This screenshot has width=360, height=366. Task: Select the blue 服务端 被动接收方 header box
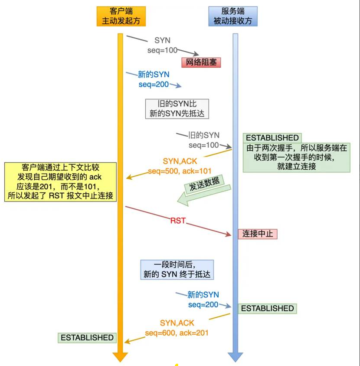[x=233, y=16]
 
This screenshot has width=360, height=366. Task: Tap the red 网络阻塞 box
[x=201, y=62]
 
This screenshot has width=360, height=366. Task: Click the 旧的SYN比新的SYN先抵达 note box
[x=177, y=109]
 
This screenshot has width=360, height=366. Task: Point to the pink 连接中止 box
[x=258, y=234]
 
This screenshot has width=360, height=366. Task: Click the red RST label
[x=178, y=221]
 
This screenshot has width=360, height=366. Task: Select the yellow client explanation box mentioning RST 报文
[x=60, y=181]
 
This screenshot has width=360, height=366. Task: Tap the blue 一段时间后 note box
[x=177, y=270]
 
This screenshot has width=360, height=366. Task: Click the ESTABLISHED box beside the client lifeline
[x=87, y=337]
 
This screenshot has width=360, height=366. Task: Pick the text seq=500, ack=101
[x=180, y=171]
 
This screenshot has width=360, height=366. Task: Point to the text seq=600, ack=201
[x=177, y=333]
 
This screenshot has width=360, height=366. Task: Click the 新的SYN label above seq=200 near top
[x=154, y=75]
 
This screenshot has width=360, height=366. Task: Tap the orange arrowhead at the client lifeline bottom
[x=120, y=357]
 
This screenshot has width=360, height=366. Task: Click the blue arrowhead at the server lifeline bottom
[x=235, y=357]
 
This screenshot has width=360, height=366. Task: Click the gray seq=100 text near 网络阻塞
[x=162, y=50]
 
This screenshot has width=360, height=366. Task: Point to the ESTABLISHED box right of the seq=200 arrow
[x=267, y=308]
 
